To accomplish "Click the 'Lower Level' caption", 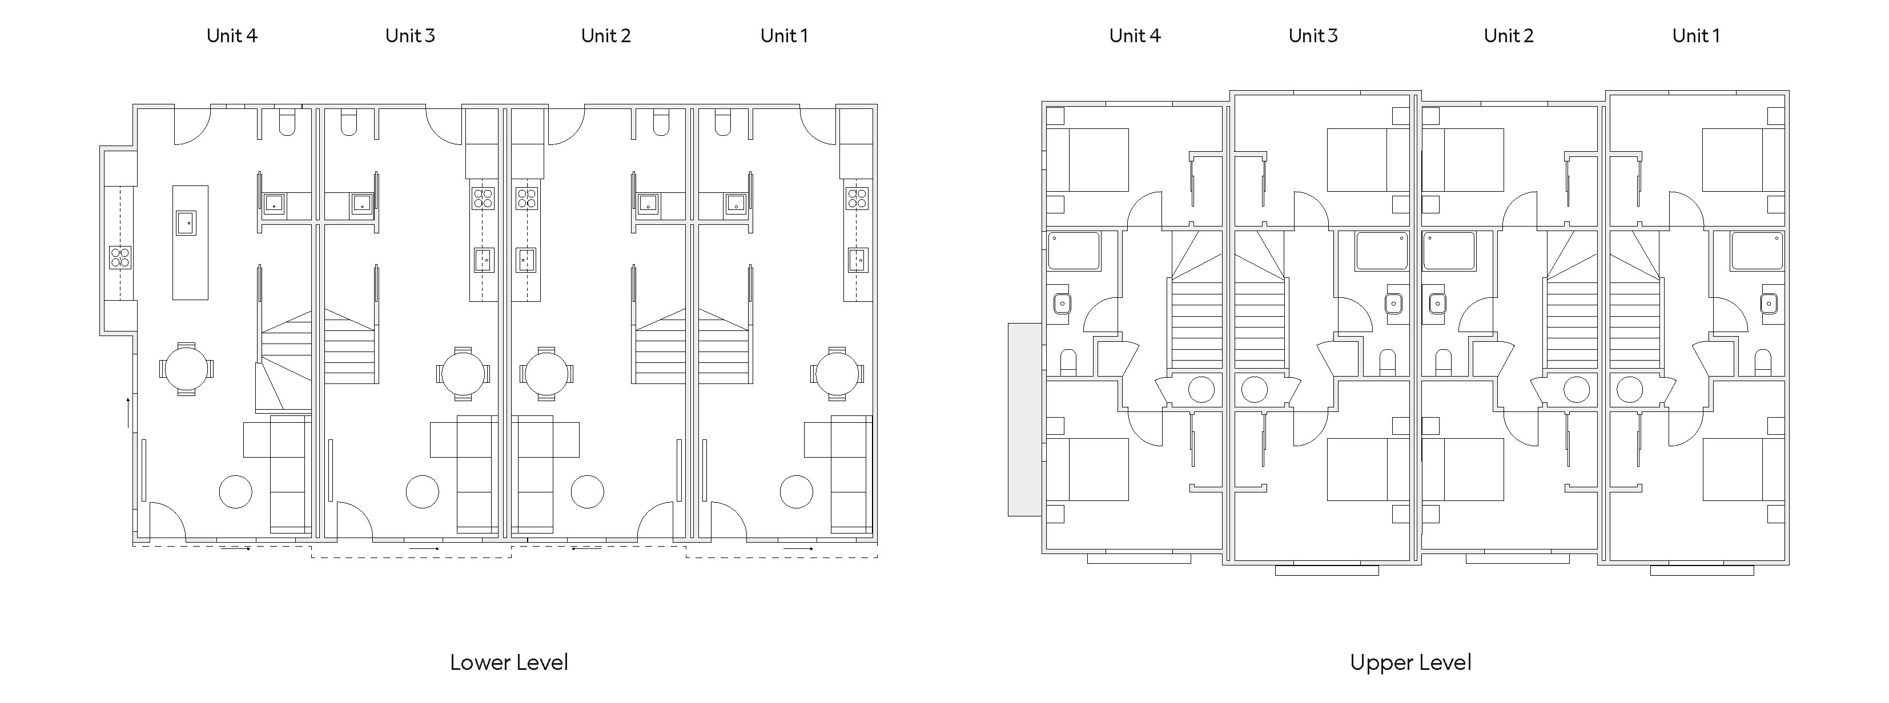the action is pyautogui.click(x=509, y=662).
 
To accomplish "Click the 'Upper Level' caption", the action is pyautogui.click(x=1410, y=662).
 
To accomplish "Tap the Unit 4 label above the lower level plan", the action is pyautogui.click(x=232, y=36).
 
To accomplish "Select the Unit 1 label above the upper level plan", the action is pyautogui.click(x=1696, y=36).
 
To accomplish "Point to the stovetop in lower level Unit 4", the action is pyautogui.click(x=120, y=257).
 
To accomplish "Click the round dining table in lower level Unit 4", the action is pyautogui.click(x=186, y=369).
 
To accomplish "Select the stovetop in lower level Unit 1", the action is pyautogui.click(x=857, y=198).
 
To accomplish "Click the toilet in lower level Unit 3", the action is pyautogui.click(x=349, y=123).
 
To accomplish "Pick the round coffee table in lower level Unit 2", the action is pyautogui.click(x=588, y=492).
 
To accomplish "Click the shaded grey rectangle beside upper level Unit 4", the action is pyautogui.click(x=1024, y=419).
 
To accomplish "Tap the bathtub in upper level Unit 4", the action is pyautogui.click(x=1074, y=251).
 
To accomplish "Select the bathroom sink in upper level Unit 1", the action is pyautogui.click(x=1769, y=303).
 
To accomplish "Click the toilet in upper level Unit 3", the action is pyautogui.click(x=1386, y=362).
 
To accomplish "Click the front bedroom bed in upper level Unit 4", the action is pyautogui.click(x=1087, y=160).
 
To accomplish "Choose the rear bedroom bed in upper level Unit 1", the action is pyautogui.click(x=1743, y=470).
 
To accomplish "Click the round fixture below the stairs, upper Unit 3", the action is pyautogui.click(x=1254, y=390).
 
